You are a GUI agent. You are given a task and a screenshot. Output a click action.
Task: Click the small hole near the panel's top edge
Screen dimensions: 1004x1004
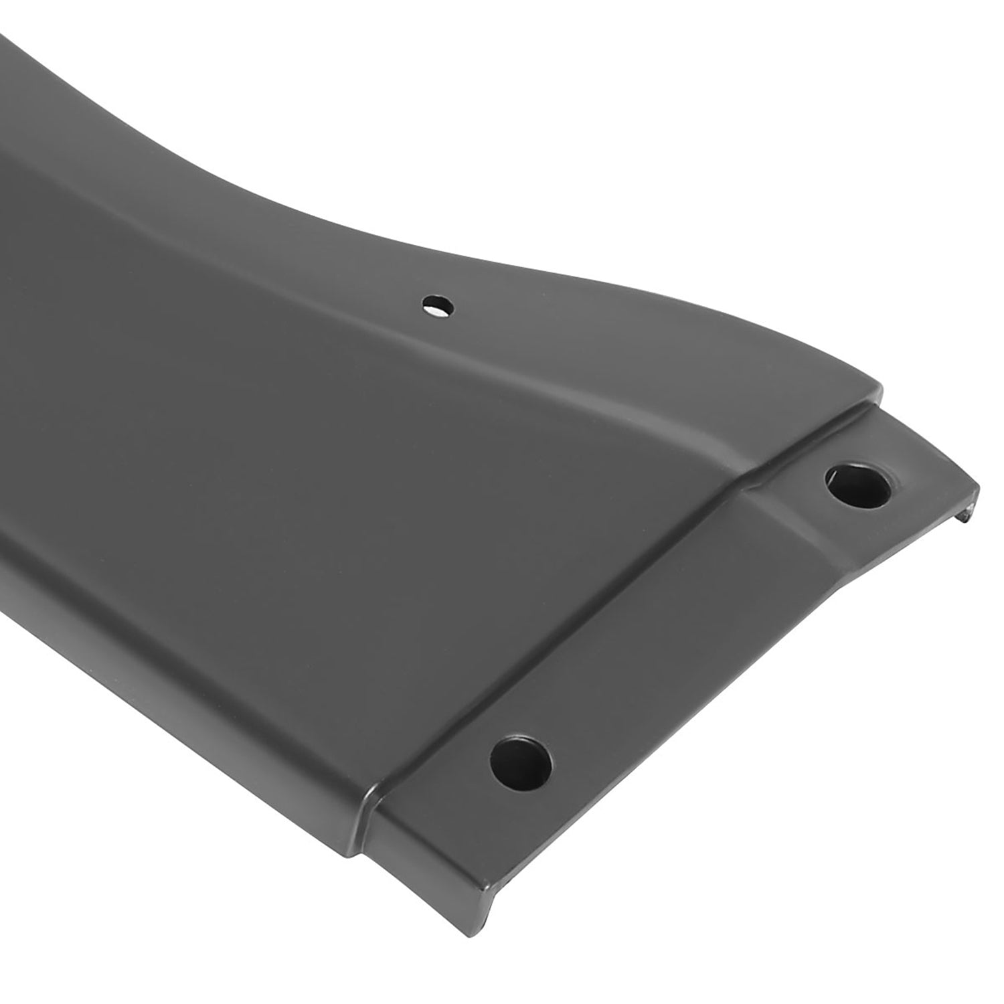(x=438, y=306)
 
